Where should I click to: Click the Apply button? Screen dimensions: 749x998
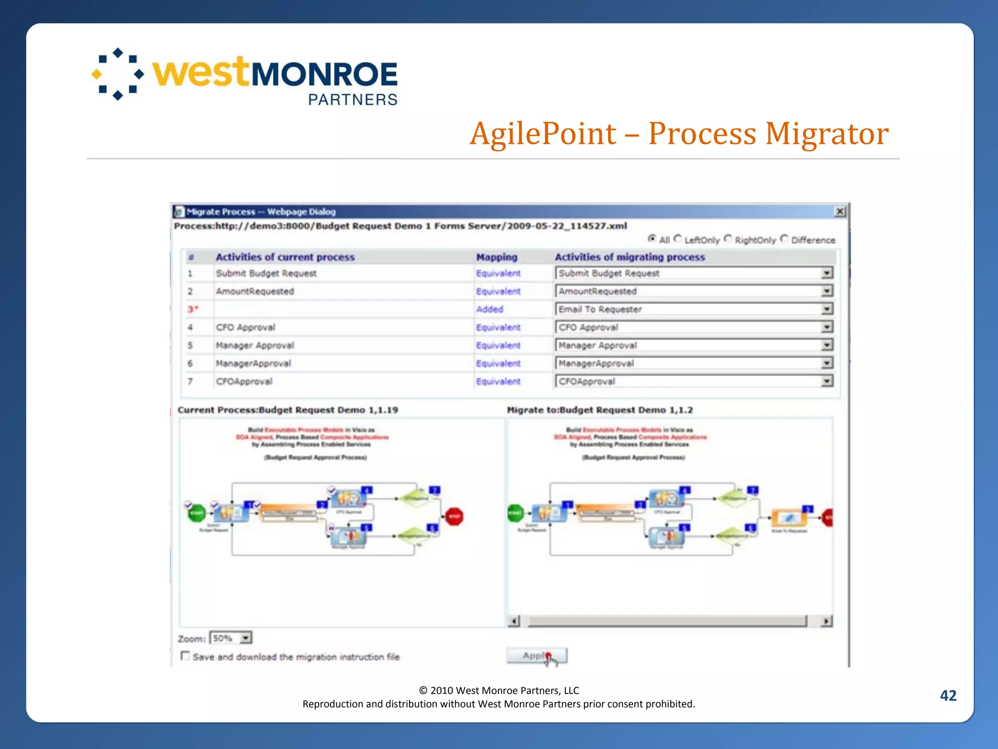(537, 656)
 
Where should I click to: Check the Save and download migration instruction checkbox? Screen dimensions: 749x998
(185, 656)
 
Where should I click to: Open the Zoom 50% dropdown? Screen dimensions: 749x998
(246, 638)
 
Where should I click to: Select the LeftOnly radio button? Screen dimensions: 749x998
(678, 239)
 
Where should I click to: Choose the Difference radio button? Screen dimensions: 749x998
(784, 239)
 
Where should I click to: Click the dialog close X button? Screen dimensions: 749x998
(840, 212)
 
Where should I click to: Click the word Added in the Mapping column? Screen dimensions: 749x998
(490, 309)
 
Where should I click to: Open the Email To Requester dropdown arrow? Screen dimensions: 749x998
(827, 309)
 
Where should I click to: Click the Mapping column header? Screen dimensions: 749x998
(497, 257)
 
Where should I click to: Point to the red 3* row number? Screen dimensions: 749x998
(193, 309)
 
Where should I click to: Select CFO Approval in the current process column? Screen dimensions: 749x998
(246, 327)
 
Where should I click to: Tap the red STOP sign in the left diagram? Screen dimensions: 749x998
(454, 516)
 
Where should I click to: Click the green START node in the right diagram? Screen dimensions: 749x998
(516, 513)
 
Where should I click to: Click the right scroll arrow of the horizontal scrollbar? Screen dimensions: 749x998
(826, 621)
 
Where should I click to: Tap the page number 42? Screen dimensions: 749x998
(948, 695)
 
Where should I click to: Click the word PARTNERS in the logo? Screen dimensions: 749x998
(353, 99)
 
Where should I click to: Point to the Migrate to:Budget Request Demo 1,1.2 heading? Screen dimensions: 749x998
(599, 410)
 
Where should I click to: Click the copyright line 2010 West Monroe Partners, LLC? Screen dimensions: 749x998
(499, 690)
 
